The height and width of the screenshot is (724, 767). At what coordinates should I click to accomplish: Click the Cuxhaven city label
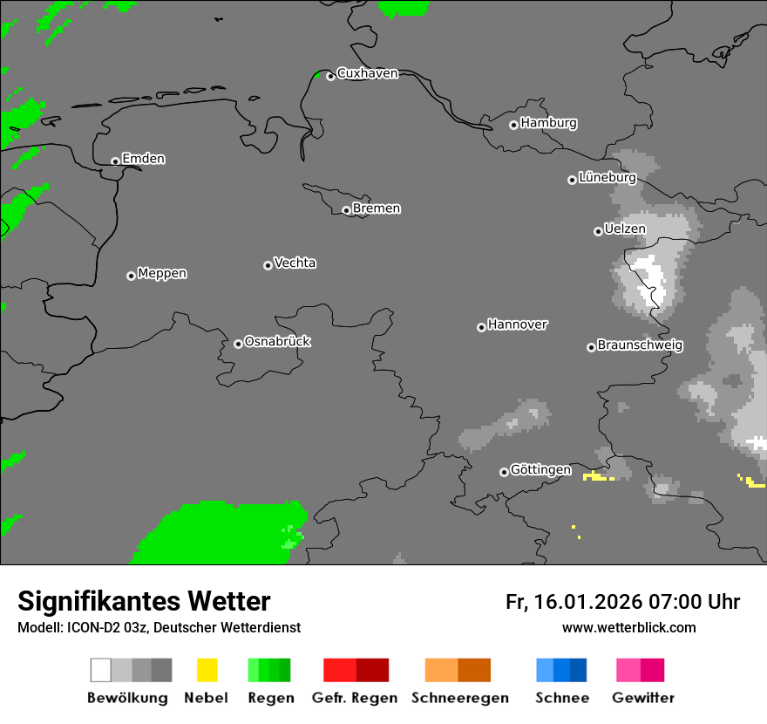[x=367, y=73]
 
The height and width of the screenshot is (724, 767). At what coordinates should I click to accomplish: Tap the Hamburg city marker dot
[x=513, y=125]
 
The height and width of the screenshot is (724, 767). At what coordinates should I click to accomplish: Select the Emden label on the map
[x=143, y=159]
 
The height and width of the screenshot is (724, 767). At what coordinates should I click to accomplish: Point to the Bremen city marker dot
[x=346, y=210]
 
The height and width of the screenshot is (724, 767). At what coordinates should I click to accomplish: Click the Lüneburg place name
[x=607, y=177]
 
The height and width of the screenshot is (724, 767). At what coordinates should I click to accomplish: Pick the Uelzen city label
[x=625, y=229]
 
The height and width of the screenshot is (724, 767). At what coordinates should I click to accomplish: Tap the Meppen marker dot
[x=131, y=276]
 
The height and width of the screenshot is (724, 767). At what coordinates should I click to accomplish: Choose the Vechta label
[x=295, y=263]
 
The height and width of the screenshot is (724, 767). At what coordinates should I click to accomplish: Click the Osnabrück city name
[x=277, y=341]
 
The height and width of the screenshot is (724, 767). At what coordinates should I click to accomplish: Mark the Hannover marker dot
[x=481, y=327]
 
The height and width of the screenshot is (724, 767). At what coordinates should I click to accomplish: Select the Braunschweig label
[x=640, y=345]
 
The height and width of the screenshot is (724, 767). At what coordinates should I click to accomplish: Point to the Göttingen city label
[x=540, y=469]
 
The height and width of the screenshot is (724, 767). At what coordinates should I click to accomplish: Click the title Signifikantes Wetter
[x=144, y=601]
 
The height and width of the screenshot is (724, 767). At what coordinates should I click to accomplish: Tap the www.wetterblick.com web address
[x=628, y=627]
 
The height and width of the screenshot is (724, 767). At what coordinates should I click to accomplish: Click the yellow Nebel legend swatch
[x=207, y=670]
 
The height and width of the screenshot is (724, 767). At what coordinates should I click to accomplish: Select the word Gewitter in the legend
[x=643, y=698]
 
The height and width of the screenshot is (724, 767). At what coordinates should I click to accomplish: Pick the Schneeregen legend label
[x=460, y=698]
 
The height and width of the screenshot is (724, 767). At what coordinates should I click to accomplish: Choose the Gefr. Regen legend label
[x=355, y=698]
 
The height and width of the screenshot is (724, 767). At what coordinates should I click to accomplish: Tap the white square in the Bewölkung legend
[x=101, y=670]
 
